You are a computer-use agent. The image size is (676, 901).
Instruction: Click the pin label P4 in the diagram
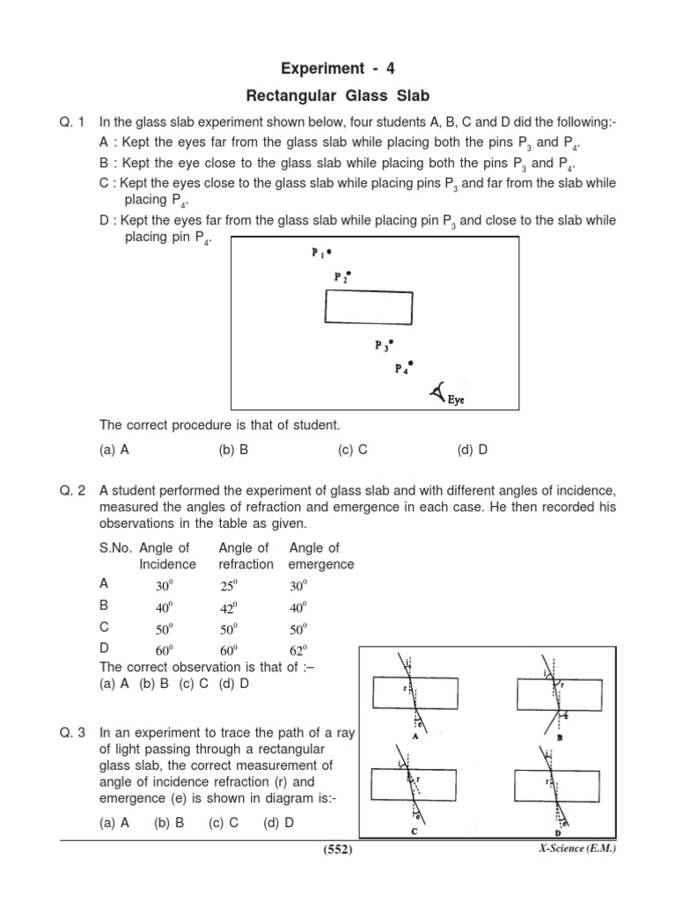tap(402, 368)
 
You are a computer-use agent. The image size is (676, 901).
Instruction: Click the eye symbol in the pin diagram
tap(438, 392)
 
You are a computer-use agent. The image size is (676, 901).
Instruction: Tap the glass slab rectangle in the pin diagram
tap(369, 308)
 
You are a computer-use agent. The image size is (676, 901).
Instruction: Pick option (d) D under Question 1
tap(472, 450)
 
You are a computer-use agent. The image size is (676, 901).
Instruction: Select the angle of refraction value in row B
tap(231, 607)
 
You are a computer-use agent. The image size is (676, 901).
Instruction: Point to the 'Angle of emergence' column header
tap(320, 556)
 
